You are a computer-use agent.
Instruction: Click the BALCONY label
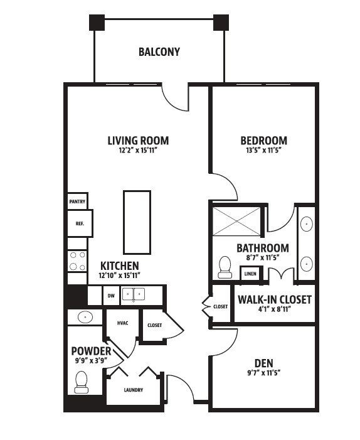[159, 52]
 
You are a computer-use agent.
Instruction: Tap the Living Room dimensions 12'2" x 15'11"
[137, 151]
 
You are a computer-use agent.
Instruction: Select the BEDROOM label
[264, 141]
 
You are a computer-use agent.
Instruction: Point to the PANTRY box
[77, 201]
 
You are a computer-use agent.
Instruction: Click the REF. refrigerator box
[80, 223]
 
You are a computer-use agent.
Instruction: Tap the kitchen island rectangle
[137, 222]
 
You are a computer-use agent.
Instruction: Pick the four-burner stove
[77, 261]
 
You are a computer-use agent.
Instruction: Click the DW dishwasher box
[111, 296]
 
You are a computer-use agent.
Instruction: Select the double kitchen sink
[134, 294]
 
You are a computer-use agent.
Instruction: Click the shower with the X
[236, 221]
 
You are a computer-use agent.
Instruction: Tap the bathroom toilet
[225, 267]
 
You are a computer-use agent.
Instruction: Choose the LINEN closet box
[250, 274]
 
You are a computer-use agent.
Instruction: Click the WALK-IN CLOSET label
[275, 299]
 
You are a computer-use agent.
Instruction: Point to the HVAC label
[122, 323]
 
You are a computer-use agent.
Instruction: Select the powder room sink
[85, 318]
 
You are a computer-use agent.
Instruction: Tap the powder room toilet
[82, 382]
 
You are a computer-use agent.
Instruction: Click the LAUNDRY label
[134, 390]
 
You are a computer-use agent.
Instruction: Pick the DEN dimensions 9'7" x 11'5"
[264, 373]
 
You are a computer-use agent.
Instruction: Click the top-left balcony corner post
[97, 23]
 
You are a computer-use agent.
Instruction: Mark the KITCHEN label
[119, 266]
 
